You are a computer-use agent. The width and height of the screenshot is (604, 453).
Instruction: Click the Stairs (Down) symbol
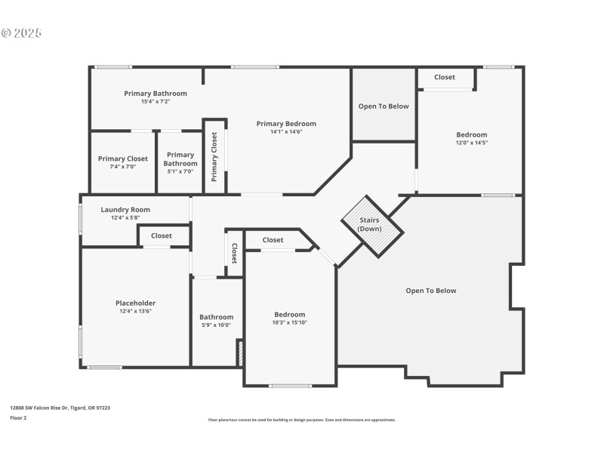coord(370,225)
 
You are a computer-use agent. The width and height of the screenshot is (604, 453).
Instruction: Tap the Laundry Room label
coord(125,210)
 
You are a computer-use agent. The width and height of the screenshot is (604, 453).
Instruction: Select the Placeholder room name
coord(136,303)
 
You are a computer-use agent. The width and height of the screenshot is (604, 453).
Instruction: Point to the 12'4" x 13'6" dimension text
coord(136,311)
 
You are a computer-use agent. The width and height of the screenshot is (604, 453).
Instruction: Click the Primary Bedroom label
coord(286,124)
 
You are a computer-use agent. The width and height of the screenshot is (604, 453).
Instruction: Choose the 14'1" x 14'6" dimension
coord(286,132)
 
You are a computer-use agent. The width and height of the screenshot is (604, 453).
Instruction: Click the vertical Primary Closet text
coord(214,157)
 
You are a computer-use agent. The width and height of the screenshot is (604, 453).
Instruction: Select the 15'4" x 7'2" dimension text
coord(156,102)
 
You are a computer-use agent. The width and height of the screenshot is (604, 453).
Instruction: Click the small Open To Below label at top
coord(384,106)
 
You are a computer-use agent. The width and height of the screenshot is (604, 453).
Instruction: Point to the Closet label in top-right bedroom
coord(445,77)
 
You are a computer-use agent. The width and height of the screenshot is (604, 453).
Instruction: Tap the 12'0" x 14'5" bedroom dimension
coord(471,143)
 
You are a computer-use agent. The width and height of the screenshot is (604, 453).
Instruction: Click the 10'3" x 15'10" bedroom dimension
coord(290,322)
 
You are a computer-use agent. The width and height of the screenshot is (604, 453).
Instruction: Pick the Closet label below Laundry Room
coord(161,236)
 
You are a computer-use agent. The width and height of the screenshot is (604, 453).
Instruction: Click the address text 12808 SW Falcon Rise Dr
coord(60,408)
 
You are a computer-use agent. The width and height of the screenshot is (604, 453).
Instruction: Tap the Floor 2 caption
coord(18,417)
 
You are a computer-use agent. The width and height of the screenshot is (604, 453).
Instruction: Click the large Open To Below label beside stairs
coord(431,291)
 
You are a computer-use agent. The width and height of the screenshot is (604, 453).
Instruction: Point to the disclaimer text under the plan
coord(302,420)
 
